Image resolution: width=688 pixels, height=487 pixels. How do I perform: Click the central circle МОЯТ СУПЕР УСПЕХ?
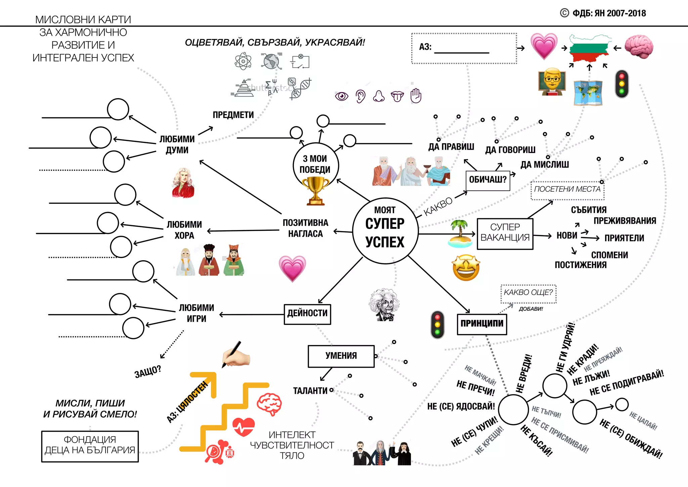385,231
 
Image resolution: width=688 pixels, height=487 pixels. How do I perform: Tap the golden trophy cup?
315,190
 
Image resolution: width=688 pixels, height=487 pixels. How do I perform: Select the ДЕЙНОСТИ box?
307,314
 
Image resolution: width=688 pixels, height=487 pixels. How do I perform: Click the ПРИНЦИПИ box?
482,324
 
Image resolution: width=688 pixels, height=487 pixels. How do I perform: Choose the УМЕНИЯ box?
341,356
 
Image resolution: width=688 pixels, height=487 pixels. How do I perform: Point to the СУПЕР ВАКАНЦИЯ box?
505,233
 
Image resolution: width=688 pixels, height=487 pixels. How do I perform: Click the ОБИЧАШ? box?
488,180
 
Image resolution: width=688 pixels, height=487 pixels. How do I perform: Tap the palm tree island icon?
460,234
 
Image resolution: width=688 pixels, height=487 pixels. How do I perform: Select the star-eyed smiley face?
466,268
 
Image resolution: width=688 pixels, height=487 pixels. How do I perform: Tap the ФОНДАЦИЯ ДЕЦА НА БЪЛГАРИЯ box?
90,446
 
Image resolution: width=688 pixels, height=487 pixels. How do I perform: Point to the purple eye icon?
342,97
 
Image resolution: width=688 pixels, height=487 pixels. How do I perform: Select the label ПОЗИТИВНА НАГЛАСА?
305,228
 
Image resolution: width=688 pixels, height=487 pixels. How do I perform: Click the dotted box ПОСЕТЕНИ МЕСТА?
567,190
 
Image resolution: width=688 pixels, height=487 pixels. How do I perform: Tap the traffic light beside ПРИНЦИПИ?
437,325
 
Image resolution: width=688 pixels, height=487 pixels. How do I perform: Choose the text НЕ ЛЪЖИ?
591,378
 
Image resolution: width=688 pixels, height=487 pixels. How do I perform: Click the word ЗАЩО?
148,372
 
